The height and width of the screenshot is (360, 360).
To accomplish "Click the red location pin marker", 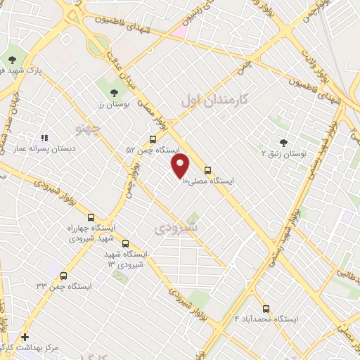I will point(181,166).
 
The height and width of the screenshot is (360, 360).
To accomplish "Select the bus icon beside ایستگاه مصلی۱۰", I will point(207,169).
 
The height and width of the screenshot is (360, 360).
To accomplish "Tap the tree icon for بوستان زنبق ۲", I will point(284,141).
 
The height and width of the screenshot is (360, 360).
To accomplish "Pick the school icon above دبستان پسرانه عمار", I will point(44,139).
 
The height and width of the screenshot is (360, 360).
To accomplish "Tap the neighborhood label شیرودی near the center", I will point(176,229).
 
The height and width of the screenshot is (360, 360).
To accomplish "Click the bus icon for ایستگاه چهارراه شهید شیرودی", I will point(90,217).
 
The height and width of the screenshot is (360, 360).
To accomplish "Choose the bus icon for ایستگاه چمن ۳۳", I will point(64,276).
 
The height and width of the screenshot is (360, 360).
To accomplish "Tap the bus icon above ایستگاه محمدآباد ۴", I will point(266,308).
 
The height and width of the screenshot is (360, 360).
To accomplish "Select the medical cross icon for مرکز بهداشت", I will point(25,337).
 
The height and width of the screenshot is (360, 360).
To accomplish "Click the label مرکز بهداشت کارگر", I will point(49,347).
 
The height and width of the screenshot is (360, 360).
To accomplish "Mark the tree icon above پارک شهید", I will point(12,60).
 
